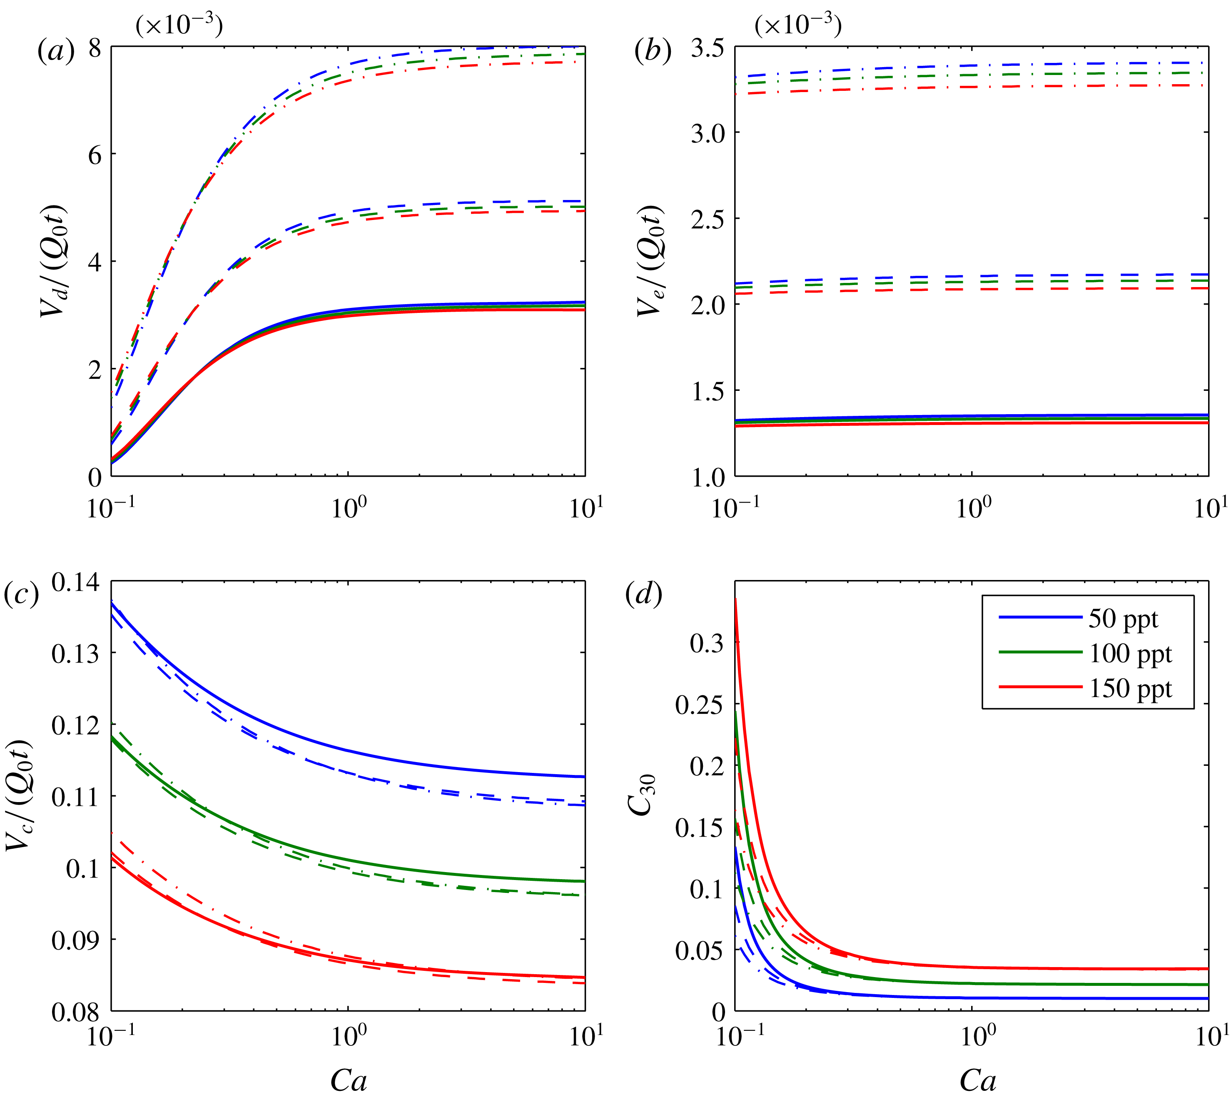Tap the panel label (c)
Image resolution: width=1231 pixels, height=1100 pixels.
(21, 594)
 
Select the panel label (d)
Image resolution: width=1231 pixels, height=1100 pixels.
(644, 594)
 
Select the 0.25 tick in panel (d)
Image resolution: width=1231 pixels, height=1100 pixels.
(699, 705)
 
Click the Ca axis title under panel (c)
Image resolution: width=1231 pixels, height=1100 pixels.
(349, 1080)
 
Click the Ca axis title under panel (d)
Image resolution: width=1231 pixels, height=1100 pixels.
(977, 1080)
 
